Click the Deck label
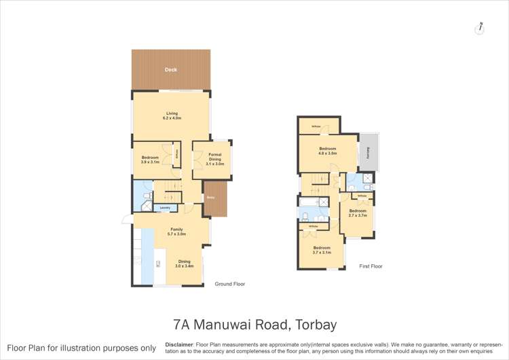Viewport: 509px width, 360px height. [x=170, y=69]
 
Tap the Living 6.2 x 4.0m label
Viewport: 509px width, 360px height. [x=171, y=116]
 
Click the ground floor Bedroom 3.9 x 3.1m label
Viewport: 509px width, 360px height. [x=150, y=160]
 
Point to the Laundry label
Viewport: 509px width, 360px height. [x=164, y=208]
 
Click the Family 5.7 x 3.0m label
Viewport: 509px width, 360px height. [x=176, y=232]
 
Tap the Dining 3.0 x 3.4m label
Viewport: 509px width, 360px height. [x=184, y=264]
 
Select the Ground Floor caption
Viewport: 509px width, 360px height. [x=229, y=284]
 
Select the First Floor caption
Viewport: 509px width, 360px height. [x=371, y=266]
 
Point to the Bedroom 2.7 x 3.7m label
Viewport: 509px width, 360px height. [x=357, y=213]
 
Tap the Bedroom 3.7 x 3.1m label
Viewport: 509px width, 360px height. [x=321, y=250]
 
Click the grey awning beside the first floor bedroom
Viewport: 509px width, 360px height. [x=367, y=154]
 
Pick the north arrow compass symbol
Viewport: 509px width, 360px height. [x=480, y=28]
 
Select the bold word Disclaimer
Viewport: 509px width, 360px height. [x=179, y=344]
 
